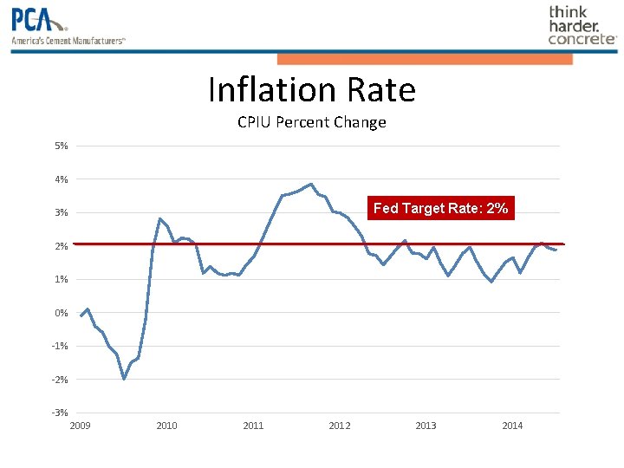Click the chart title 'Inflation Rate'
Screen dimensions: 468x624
tap(312, 90)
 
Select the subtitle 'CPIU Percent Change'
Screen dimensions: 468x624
tap(312, 122)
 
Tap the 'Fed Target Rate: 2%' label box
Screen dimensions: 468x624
tap(440, 208)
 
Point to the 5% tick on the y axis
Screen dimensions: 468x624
tap(62, 146)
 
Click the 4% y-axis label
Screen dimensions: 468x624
tap(62, 179)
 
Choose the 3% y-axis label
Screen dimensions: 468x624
tap(62, 212)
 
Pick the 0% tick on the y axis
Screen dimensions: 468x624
tap(62, 313)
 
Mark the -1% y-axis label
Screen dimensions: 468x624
tap(60, 346)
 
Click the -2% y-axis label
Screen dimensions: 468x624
tap(60, 380)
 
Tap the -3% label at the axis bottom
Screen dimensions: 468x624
tap(60, 413)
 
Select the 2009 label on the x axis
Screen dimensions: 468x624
tap(80, 426)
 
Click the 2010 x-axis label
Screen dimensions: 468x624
tap(166, 426)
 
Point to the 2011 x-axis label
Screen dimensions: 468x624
tap(253, 426)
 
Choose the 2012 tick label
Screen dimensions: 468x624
tap(340, 426)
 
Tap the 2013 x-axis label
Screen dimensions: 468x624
tap(426, 426)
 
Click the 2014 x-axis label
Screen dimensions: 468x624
tap(512, 426)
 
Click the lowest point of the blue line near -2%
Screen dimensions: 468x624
tap(124, 379)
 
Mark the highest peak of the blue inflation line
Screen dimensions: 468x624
tap(311, 184)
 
